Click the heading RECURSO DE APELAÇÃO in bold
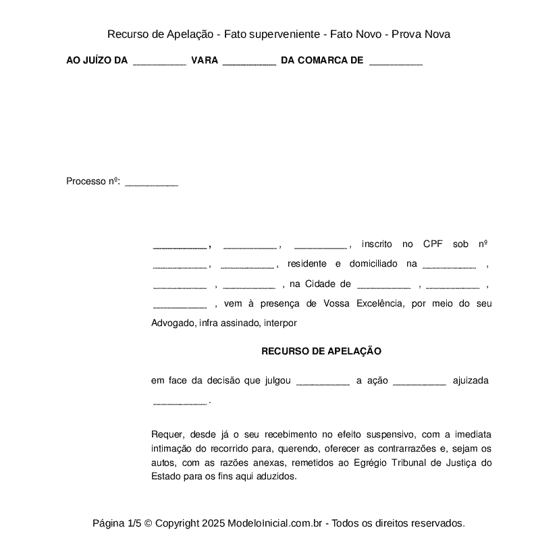click(x=321, y=351)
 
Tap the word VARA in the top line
click(x=205, y=60)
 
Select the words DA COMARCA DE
click(x=321, y=60)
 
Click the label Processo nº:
click(x=93, y=181)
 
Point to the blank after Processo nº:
click(x=152, y=183)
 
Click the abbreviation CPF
click(x=433, y=244)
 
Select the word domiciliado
click(x=374, y=263)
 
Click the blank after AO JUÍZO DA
click(x=159, y=62)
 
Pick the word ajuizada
click(x=471, y=381)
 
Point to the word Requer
click(x=167, y=433)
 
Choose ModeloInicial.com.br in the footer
click(x=277, y=523)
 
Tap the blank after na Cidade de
click(x=383, y=286)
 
